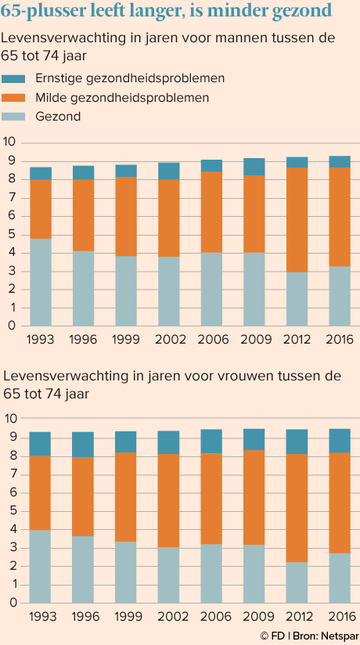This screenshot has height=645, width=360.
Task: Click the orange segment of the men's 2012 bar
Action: tap(297, 220)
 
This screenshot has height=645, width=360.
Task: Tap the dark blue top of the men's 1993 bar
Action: tap(41, 173)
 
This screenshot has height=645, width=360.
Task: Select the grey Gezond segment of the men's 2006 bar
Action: tap(211, 289)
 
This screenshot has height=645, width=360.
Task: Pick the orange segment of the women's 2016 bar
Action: tap(340, 503)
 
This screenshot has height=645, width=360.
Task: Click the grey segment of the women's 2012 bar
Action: tap(297, 582)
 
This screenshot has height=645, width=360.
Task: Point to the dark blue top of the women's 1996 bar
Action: tap(83, 445)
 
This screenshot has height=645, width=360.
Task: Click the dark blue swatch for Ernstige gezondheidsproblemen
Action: tap(13, 78)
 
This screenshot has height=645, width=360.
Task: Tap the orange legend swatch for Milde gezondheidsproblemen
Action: tap(13, 98)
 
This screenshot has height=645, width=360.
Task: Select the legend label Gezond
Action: tap(58, 117)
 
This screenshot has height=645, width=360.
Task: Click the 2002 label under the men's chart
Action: tap(169, 340)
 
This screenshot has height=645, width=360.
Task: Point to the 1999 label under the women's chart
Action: tap(126, 617)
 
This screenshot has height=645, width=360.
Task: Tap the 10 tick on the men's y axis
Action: tap(9, 142)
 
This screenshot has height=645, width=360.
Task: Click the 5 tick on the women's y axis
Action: tap(12, 511)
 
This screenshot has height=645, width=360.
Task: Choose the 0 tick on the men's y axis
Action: tap(12, 326)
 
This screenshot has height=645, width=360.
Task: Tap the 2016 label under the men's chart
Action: tap(340, 340)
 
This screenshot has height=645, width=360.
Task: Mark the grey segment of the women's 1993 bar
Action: tap(41, 567)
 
